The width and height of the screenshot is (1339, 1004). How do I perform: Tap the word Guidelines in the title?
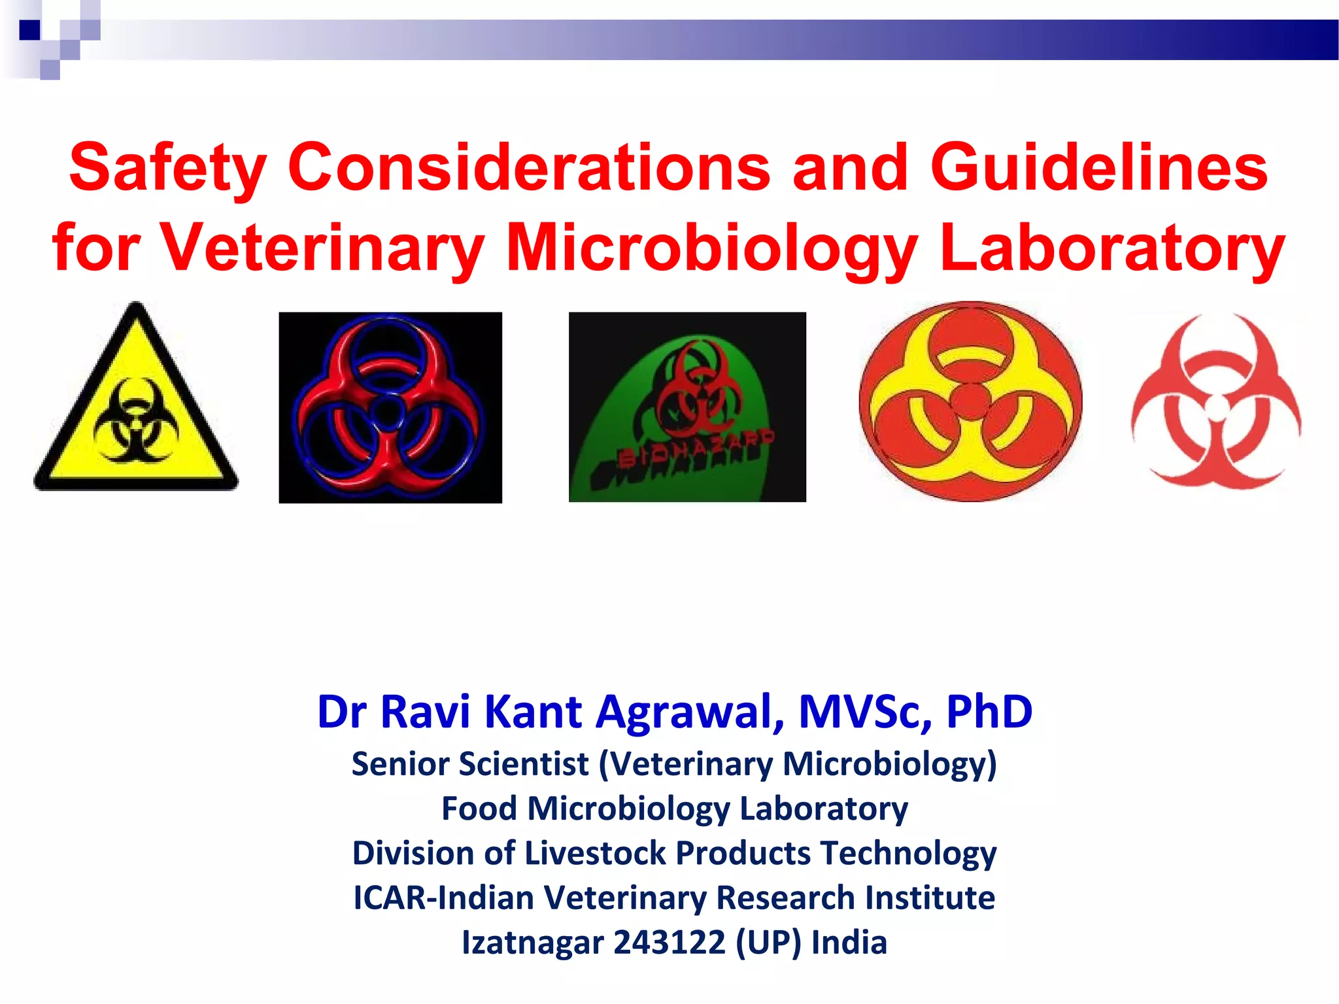point(1098,169)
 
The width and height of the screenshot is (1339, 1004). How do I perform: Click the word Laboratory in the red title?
point(1111,248)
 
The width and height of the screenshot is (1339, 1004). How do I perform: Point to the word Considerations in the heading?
point(529,169)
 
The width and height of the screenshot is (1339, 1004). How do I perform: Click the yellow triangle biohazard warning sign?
point(136,405)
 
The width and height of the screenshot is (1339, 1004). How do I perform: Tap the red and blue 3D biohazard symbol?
point(390,407)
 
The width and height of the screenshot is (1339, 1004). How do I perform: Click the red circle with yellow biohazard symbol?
point(970,401)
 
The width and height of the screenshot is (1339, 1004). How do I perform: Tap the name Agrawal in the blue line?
point(690,711)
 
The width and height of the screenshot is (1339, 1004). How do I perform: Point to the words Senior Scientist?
point(470,763)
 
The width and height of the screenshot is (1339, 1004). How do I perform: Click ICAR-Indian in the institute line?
point(444,897)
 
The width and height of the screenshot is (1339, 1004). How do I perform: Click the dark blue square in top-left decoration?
point(29,30)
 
